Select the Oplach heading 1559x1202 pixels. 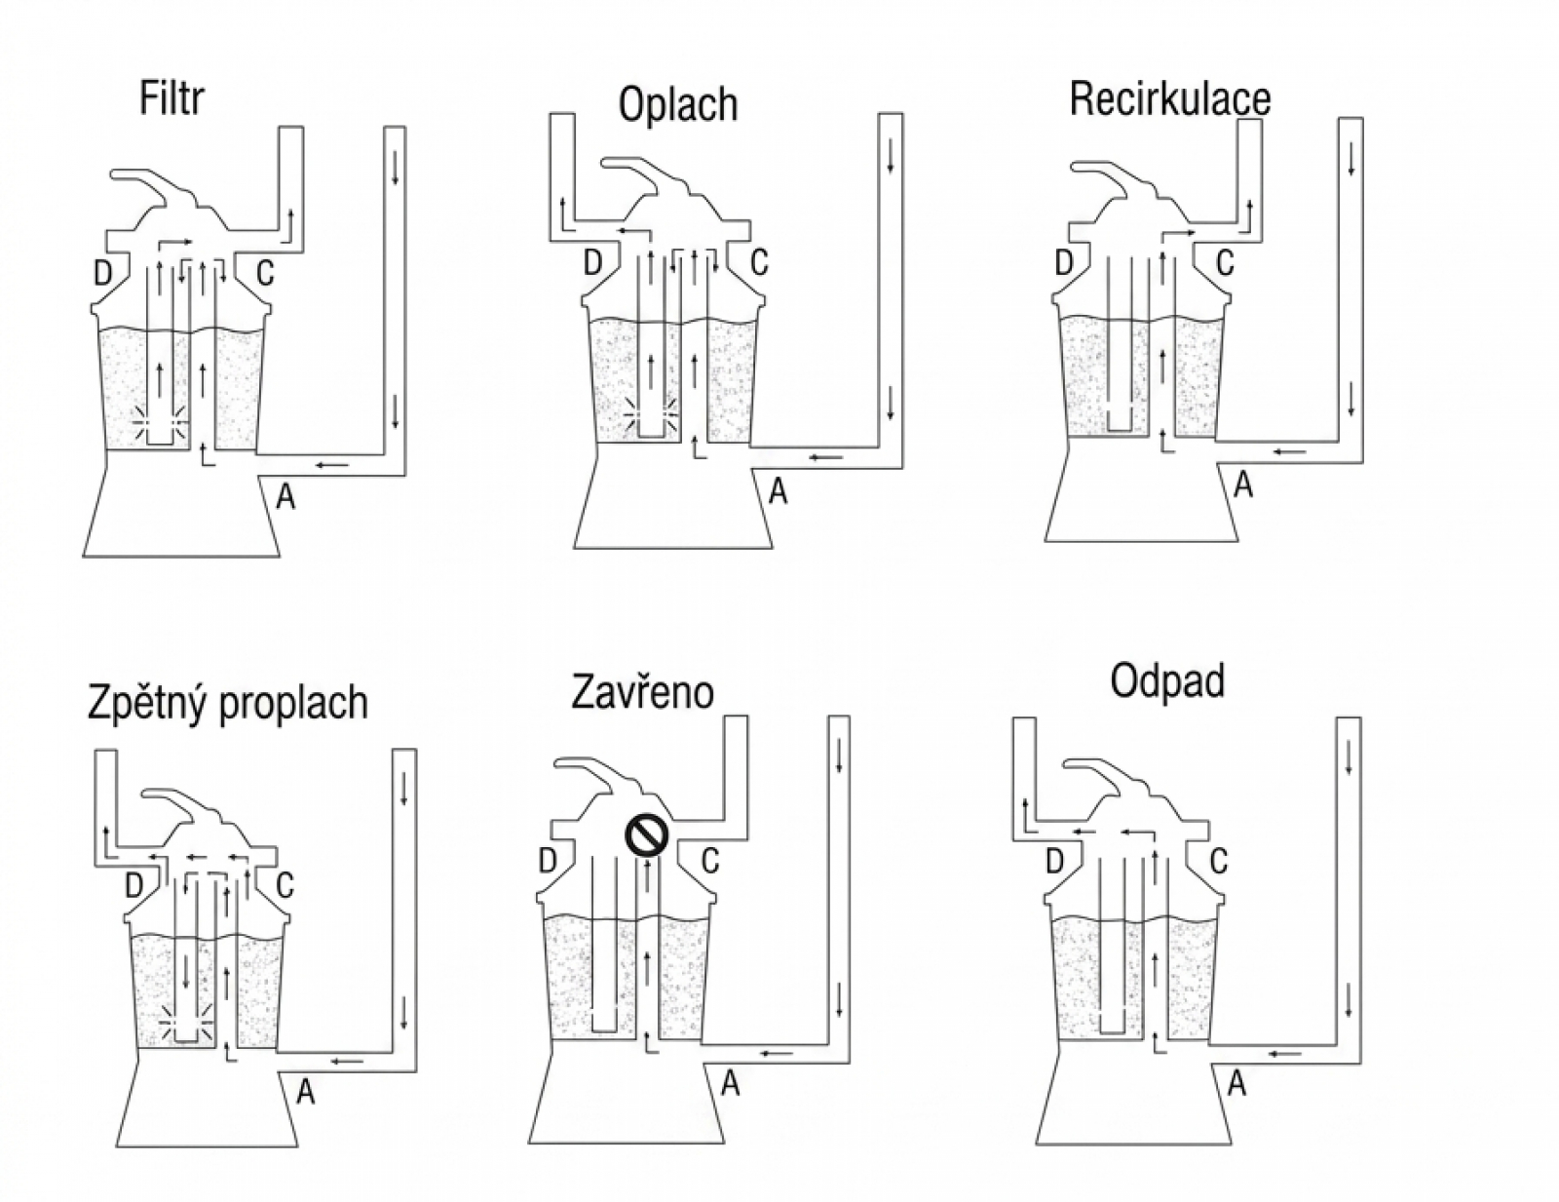(678, 104)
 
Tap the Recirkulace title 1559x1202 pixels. (1169, 98)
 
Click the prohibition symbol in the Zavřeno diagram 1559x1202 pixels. (646, 834)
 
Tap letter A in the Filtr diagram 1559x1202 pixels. (285, 495)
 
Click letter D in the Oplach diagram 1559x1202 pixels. (592, 263)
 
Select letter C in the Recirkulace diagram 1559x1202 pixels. (1225, 263)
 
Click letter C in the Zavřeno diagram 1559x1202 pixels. (709, 861)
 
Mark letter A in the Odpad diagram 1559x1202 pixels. (1236, 1083)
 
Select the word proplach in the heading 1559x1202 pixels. (293, 703)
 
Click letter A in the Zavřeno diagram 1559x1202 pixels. (731, 1083)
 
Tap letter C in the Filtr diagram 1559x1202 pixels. (265, 273)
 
